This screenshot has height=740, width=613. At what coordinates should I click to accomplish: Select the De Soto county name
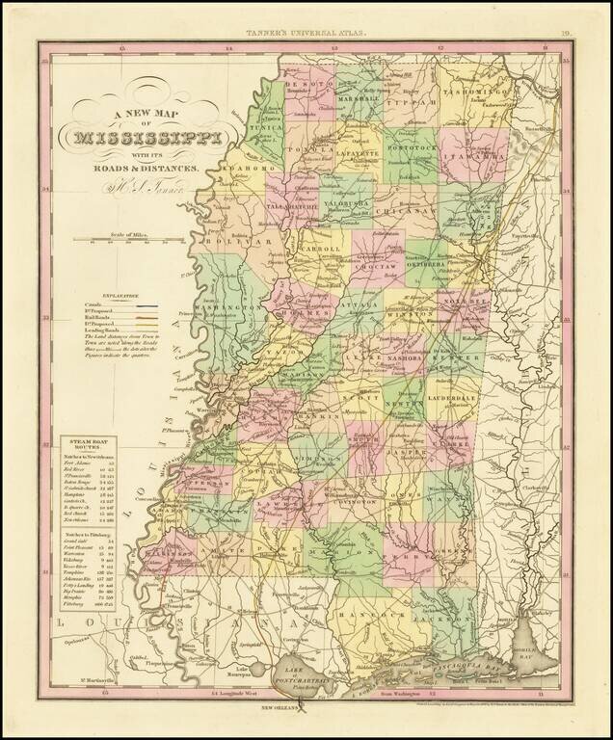308,83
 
